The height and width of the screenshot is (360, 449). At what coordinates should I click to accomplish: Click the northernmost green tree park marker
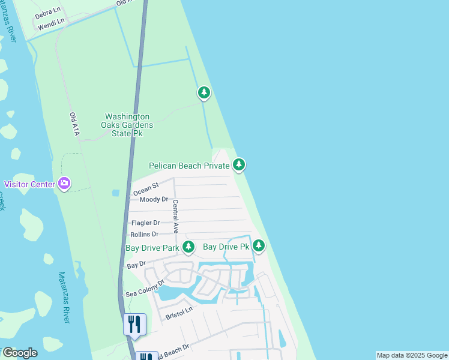[204, 92]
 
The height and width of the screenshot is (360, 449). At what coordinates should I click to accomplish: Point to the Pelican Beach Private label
[189, 165]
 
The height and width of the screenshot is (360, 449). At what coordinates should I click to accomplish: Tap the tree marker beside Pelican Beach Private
[239, 164]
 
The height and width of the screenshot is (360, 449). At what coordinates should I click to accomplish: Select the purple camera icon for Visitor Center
[64, 184]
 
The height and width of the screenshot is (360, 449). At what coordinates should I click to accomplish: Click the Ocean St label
[145, 188]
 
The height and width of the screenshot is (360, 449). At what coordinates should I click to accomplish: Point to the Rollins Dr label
[144, 234]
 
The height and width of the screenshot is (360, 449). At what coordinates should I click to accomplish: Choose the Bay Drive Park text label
[152, 247]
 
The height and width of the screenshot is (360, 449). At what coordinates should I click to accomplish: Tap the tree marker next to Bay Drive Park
[188, 247]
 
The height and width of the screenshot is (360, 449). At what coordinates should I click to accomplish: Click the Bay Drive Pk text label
[226, 247]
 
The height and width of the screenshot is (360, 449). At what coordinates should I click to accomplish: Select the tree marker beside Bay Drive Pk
[259, 245]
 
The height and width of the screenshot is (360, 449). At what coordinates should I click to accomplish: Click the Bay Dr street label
[137, 265]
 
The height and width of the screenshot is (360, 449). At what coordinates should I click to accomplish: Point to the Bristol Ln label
[179, 312]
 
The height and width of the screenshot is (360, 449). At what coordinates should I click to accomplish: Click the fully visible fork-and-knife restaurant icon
[134, 324]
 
